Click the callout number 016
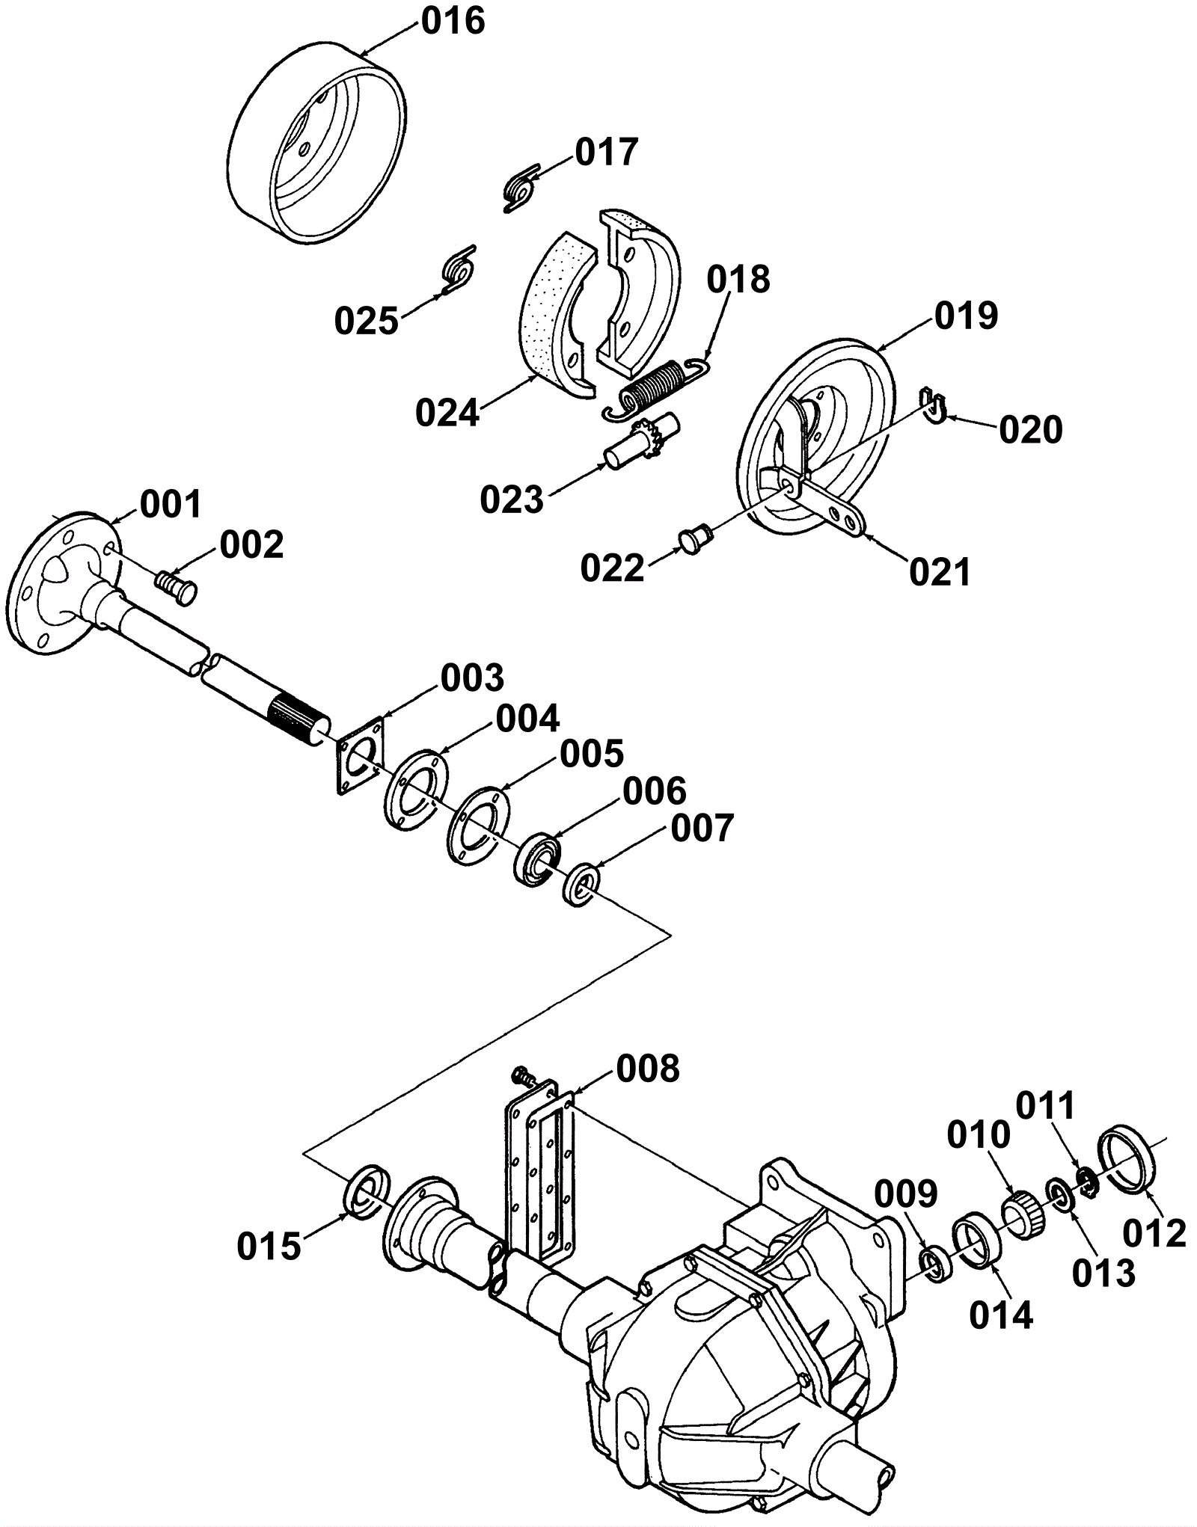point(453,21)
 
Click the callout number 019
point(966,316)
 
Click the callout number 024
point(447,412)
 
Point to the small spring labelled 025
point(456,268)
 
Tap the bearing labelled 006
point(533,858)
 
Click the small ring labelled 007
point(583,885)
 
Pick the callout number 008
point(648,1069)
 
